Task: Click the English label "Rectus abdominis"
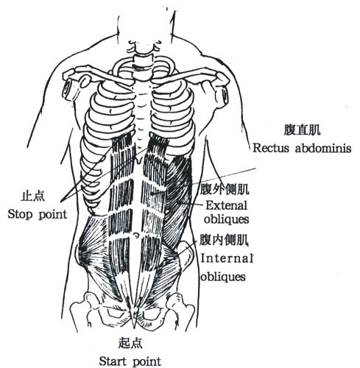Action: (x=302, y=148)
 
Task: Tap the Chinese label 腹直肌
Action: (x=302, y=130)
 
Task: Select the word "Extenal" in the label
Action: (x=227, y=205)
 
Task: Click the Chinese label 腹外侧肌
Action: (x=225, y=189)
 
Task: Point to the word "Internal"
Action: (x=227, y=258)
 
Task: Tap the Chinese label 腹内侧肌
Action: (x=224, y=240)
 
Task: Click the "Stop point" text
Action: (x=38, y=215)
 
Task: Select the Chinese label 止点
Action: (x=33, y=197)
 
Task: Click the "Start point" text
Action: (x=130, y=361)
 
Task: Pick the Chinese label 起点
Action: (x=130, y=343)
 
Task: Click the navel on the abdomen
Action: (x=135, y=235)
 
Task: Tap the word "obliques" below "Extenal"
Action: (x=226, y=219)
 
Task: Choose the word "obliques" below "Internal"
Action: (x=223, y=277)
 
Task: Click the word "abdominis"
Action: (x=323, y=148)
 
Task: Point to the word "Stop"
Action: (x=20, y=214)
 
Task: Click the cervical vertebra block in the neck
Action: (x=141, y=60)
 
